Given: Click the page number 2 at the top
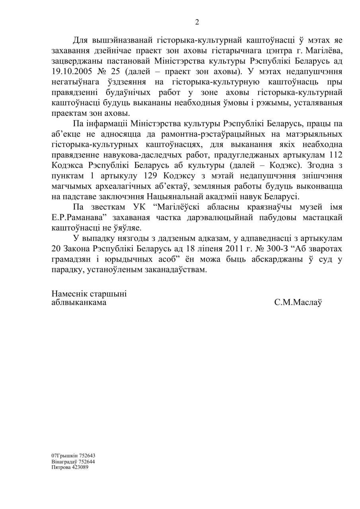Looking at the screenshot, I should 197,22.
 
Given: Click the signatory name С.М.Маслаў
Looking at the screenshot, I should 298,302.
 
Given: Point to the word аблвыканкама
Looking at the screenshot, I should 79,302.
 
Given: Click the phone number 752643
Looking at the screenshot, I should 87,456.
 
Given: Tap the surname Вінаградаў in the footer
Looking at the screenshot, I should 64,462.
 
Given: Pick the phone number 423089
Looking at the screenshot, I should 80,467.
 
